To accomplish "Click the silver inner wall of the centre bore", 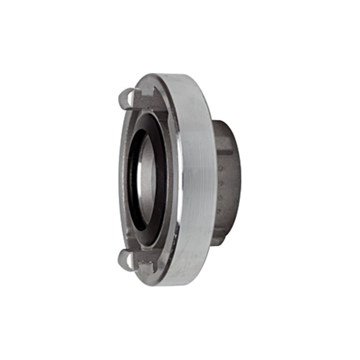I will (x=149, y=180).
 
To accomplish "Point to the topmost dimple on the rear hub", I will (x=221, y=168).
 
